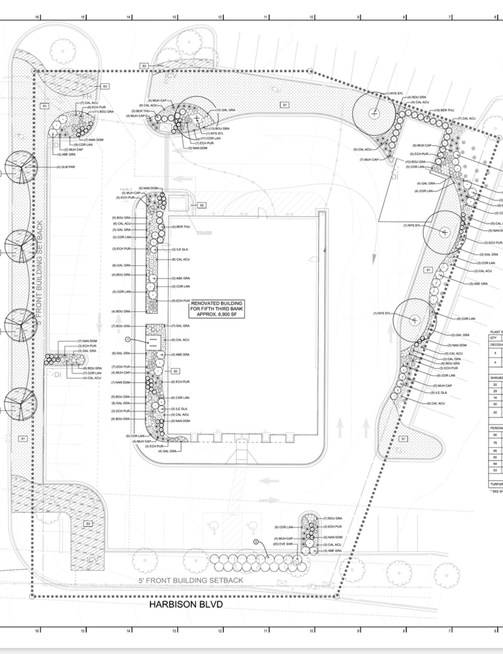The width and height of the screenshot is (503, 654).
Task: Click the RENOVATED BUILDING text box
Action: click(x=217, y=309)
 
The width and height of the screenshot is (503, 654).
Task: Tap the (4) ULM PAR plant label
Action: click(x=66, y=167)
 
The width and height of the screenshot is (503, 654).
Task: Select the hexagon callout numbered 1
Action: click(x=128, y=340)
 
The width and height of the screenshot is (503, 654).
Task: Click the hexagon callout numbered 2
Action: click(x=256, y=542)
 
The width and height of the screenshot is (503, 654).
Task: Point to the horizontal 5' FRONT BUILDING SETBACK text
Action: click(x=191, y=580)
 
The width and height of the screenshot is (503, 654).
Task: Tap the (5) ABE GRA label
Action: click(x=479, y=284)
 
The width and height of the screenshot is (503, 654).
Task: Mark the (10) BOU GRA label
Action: click(x=415, y=162)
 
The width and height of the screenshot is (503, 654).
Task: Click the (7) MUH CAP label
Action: click(x=369, y=160)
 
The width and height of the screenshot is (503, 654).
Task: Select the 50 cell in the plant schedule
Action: click(x=495, y=404)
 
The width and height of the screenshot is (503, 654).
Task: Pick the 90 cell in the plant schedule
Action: click(x=495, y=435)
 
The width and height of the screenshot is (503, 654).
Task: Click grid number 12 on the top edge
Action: click(x=220, y=17)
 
